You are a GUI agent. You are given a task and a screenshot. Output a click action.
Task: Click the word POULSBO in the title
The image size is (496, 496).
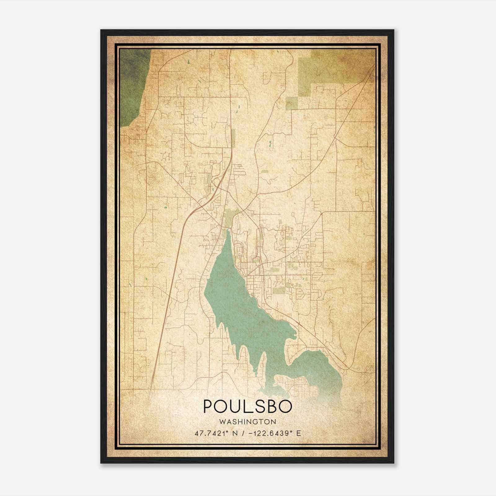(247, 406)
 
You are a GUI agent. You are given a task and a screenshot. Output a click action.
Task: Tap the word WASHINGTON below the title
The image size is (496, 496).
(247, 422)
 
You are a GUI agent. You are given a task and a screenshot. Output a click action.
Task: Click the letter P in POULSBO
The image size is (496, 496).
(208, 406)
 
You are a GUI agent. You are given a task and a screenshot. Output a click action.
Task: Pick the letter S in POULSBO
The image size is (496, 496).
(258, 406)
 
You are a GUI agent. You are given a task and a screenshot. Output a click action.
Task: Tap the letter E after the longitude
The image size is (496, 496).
(299, 433)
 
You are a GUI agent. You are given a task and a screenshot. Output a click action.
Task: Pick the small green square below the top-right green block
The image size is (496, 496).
(291, 104)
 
